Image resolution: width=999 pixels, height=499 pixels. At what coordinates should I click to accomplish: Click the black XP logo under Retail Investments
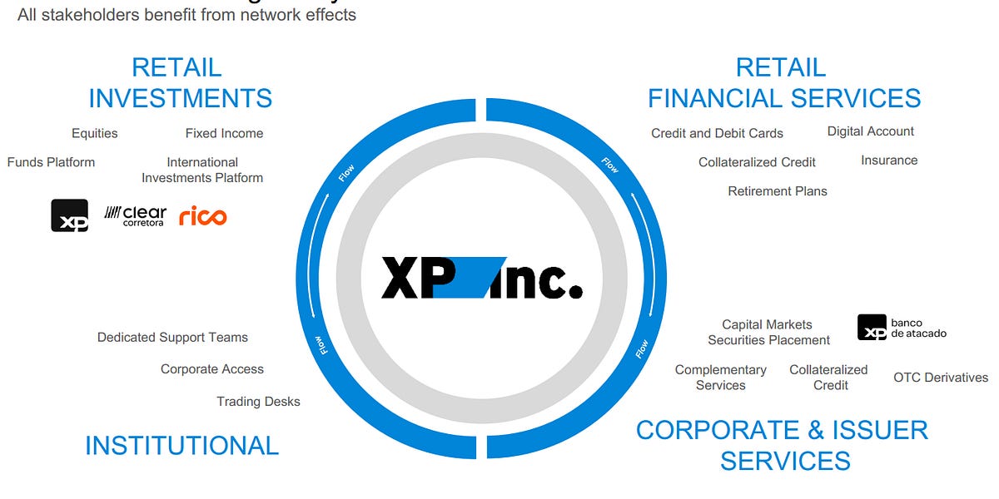click(x=69, y=215)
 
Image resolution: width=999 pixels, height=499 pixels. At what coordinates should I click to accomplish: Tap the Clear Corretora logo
click(x=135, y=216)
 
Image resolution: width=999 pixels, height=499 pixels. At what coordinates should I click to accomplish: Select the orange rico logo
click(x=202, y=216)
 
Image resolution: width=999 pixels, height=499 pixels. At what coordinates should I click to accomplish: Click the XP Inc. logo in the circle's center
click(x=481, y=278)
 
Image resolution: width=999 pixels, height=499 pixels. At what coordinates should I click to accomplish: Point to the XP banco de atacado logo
click(x=902, y=328)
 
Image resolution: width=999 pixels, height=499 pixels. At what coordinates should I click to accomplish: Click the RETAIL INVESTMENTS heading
click(x=180, y=82)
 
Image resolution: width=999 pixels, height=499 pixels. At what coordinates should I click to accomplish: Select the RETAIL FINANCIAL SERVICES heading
click(x=783, y=82)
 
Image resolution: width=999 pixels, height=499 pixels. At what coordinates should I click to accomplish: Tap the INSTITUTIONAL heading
click(x=181, y=446)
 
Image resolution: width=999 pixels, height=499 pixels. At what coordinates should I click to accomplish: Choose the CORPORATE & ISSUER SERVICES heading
click(x=783, y=445)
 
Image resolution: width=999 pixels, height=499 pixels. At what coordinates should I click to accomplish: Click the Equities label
click(x=94, y=133)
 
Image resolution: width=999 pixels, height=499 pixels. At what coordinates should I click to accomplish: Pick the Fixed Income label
click(x=224, y=133)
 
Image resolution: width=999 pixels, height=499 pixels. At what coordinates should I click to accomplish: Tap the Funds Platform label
click(x=51, y=162)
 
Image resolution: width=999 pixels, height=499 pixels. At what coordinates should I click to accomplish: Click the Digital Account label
click(x=870, y=131)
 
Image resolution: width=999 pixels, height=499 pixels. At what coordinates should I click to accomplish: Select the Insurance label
click(x=889, y=161)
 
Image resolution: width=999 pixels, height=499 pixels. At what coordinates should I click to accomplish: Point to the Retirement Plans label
click(x=778, y=191)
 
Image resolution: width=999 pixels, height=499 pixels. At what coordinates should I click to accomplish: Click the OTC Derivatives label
click(x=941, y=378)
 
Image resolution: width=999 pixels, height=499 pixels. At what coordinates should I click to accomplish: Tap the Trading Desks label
click(x=258, y=402)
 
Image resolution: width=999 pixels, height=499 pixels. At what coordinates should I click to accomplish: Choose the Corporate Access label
click(x=211, y=369)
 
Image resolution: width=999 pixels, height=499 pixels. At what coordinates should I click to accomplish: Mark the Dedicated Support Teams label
click(x=172, y=338)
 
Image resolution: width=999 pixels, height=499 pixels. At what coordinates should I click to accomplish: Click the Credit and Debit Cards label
click(x=717, y=133)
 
